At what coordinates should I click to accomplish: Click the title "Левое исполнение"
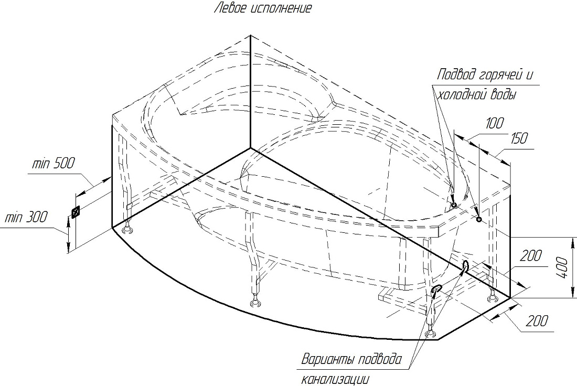click(263, 8)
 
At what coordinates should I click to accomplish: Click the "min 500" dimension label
click(52, 163)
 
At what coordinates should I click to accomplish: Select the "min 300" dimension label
click(26, 217)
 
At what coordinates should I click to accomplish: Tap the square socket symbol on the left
click(76, 213)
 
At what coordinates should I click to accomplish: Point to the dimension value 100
click(494, 123)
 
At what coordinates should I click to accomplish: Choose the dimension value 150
click(519, 138)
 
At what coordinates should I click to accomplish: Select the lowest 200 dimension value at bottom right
click(537, 321)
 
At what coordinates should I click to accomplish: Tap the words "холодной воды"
click(476, 94)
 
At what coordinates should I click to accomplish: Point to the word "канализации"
click(335, 379)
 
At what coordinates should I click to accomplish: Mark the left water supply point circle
click(454, 205)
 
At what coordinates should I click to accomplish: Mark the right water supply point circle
click(479, 219)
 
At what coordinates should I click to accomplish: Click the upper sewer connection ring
click(465, 266)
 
